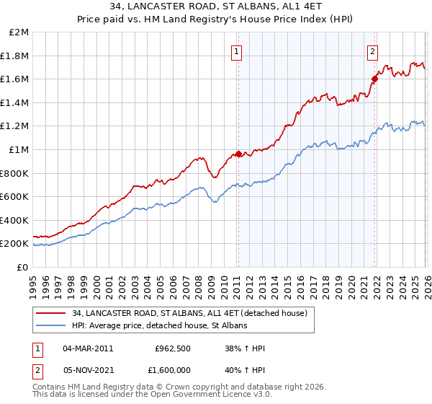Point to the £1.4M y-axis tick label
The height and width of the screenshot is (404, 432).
tap(17, 102)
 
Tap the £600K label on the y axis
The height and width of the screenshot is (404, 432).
tap(15, 196)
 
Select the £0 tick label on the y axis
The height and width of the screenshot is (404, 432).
tap(23, 267)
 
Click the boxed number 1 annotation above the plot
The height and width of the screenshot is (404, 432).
tap(237, 50)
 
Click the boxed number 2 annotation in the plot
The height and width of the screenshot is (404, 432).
tap(372, 50)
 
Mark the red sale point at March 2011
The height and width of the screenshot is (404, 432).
tap(238, 154)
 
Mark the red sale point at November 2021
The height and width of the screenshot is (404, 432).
tap(374, 79)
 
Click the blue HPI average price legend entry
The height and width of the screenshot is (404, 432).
tap(159, 325)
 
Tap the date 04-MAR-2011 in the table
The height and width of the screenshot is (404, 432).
tap(88, 348)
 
